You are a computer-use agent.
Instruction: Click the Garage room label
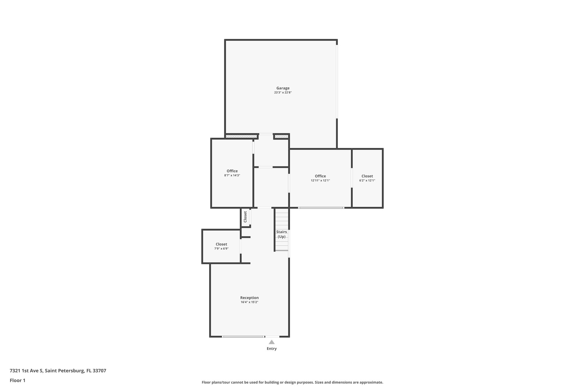[283, 88]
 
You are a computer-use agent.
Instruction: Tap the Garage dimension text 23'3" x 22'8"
[283, 93]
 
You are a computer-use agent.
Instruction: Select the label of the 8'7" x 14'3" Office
[232, 171]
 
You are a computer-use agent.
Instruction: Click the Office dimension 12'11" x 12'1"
[320, 181]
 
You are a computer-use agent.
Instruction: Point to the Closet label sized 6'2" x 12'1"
[367, 176]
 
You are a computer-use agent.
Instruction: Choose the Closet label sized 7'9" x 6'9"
[221, 244]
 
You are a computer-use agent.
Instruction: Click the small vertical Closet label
[245, 217]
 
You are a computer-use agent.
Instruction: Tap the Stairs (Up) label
[282, 234]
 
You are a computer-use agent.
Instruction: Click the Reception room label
[249, 298]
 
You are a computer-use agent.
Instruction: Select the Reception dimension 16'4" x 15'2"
[249, 302]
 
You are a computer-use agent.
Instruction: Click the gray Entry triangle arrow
[272, 342]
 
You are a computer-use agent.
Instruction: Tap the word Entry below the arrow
[272, 349]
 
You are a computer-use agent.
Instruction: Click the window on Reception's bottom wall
[243, 337]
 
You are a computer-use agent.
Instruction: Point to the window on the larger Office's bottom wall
[321, 208]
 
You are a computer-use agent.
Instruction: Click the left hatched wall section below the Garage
[241, 137]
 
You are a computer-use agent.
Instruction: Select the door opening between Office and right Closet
[352, 178]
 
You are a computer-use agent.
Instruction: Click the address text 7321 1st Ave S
[26, 371]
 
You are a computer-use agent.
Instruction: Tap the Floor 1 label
[17, 380]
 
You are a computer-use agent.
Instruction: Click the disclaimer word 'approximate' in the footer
[371, 382]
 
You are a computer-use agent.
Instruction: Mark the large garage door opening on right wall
[337, 81]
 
